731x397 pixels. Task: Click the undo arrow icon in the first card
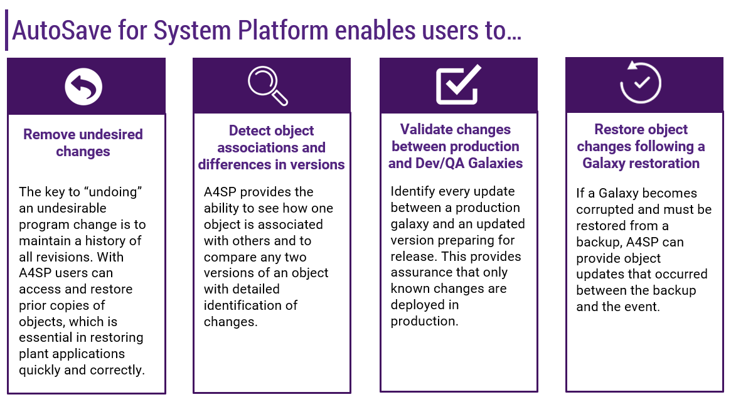click(83, 86)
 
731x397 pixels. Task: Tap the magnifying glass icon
click(268, 86)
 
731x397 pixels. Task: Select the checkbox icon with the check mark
click(458, 85)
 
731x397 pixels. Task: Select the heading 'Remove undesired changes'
click(83, 143)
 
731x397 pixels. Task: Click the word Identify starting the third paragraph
click(412, 191)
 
